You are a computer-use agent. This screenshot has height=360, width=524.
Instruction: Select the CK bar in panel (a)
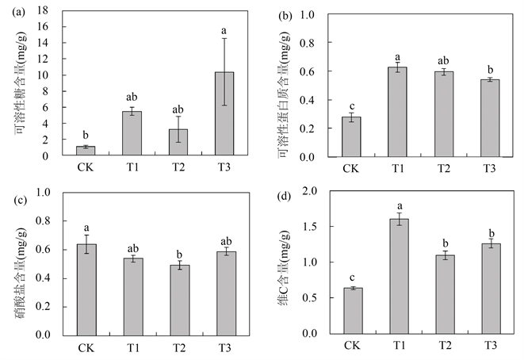coord(86,151)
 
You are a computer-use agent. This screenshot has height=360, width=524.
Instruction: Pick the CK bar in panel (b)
coord(350,136)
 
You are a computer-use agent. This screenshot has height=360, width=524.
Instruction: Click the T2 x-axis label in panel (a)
coord(178,168)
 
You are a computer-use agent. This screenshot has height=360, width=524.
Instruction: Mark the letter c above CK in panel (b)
coord(350,105)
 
